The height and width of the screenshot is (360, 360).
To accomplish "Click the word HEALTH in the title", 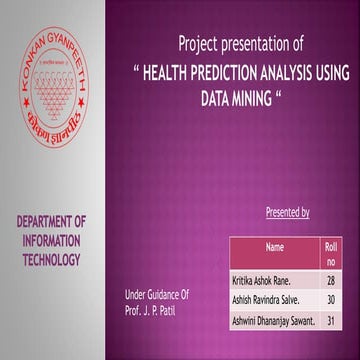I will pyautogui.click(x=172, y=74).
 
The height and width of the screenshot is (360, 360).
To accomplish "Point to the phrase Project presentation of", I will pyautogui.click(x=241, y=44).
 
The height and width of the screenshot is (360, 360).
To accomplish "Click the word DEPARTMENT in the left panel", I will pyautogui.click(x=51, y=221).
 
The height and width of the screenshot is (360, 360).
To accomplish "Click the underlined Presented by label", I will pyautogui.click(x=288, y=213).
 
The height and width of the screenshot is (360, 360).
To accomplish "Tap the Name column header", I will pyautogui.click(x=275, y=245).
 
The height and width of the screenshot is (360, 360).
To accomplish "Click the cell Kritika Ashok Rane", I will pyautogui.click(x=264, y=282).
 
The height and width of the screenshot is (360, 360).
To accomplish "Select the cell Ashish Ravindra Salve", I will pyautogui.click(x=267, y=301).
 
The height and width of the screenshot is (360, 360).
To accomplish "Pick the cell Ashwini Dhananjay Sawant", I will pyautogui.click(x=272, y=320).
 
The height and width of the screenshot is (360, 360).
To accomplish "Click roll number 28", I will pyautogui.click(x=331, y=282).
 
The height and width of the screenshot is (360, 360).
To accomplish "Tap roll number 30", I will pyautogui.click(x=331, y=301).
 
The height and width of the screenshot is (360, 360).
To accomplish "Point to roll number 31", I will pyautogui.click(x=331, y=320).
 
